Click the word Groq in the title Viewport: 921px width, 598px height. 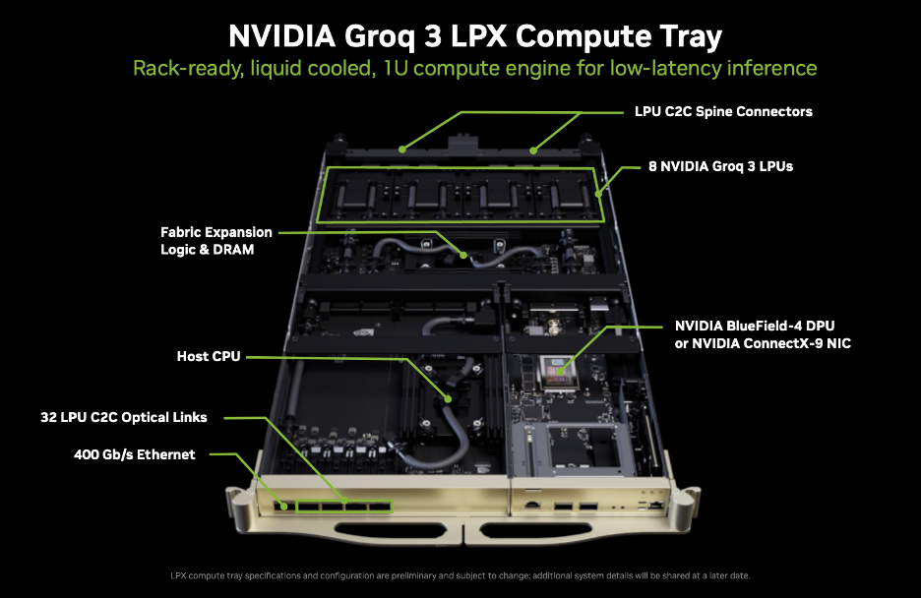tap(379, 37)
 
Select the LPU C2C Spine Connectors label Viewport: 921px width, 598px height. tap(723, 111)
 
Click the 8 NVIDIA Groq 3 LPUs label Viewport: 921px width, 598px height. tap(720, 166)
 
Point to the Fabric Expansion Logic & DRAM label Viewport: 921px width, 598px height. tap(216, 241)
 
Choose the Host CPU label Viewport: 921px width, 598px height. tap(209, 356)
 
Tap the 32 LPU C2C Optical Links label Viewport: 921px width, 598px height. tap(123, 417)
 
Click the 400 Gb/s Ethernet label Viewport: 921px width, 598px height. tap(135, 454)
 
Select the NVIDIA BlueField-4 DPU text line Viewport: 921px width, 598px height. tap(755, 326)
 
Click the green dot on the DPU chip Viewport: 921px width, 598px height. tap(560, 371)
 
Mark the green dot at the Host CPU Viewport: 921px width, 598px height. tap(448, 399)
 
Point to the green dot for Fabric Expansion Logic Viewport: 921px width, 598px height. tap(463, 256)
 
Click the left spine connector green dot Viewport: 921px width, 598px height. tap(402, 149)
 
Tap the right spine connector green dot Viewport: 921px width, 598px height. tap(533, 150)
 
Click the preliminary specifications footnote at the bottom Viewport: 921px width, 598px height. tap(460, 575)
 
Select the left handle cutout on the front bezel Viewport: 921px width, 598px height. tap(390, 531)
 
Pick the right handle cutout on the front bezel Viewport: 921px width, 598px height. tap(535, 531)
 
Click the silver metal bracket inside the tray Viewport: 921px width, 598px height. tap(573, 448)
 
